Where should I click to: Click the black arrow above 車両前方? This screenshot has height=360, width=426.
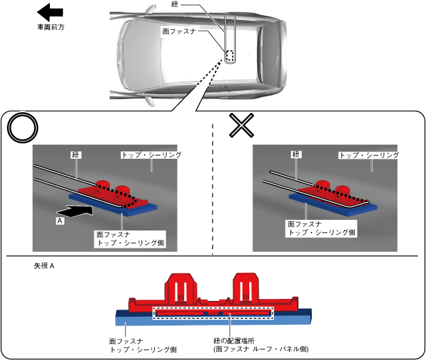pyautogui.click(x=50, y=12)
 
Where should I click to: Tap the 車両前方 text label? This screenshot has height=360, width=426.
pyautogui.click(x=51, y=27)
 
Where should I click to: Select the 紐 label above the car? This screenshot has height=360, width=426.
pyautogui.click(x=175, y=4)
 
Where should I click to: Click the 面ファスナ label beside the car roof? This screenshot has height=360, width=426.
pyautogui.click(x=179, y=31)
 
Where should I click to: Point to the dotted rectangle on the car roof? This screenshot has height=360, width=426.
pyautogui.click(x=230, y=56)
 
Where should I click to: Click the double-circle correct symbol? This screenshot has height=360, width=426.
pyautogui.click(x=23, y=128)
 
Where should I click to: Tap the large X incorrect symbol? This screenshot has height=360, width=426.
pyautogui.click(x=241, y=125)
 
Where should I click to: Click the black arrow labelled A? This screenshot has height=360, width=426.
pyautogui.click(x=74, y=211)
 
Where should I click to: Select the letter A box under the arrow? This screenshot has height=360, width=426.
pyautogui.click(x=60, y=221)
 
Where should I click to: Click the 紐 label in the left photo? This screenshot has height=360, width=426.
pyautogui.click(x=76, y=155)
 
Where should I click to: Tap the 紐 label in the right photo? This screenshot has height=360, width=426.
pyautogui.click(x=296, y=155)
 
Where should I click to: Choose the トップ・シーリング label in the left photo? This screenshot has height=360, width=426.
pyautogui.click(x=152, y=155)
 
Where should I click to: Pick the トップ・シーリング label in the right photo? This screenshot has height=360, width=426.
pyautogui.click(x=369, y=155)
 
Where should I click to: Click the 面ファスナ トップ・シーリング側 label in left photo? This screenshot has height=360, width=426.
pyautogui.click(x=130, y=238)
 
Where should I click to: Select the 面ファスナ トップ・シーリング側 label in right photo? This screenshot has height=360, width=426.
pyautogui.click(x=321, y=228)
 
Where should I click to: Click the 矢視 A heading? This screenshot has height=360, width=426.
pyautogui.click(x=44, y=266)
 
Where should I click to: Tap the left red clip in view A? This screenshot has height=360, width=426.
pyautogui.click(x=180, y=288)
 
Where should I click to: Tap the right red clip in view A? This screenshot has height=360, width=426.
pyautogui.click(x=246, y=288)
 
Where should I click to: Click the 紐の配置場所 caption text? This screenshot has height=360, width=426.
pyautogui.click(x=234, y=341)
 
